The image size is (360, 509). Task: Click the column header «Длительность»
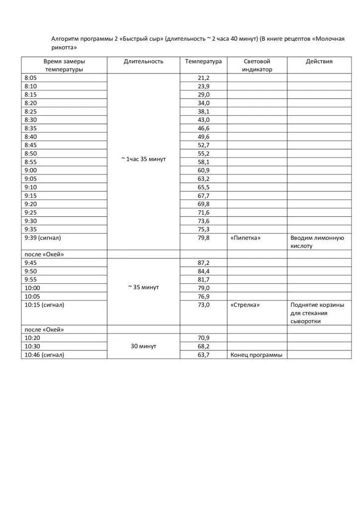pos(143,62)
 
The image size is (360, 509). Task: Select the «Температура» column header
pos(203,62)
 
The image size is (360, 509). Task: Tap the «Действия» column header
pos(319,62)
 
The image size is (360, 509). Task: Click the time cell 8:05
pos(30,78)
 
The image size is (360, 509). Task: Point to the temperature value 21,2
pos(203,78)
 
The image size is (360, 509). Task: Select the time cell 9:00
pos(30,170)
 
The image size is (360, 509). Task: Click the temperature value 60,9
pos(203,170)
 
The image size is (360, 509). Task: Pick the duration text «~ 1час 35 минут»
pos(143,159)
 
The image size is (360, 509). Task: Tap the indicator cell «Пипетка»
pos(246,238)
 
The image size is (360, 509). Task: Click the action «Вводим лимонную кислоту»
pos(317,242)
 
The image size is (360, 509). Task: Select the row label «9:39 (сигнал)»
pos(43,238)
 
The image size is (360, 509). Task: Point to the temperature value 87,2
pos(203,263)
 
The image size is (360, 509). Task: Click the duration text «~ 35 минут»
pos(143,288)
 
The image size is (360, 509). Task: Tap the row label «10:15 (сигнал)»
pos(44,305)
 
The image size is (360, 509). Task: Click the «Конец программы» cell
pos(256,355)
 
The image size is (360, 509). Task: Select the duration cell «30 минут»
pos(143,346)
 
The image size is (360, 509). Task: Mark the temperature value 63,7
pos(203,355)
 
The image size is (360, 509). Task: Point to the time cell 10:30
pos(32,346)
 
